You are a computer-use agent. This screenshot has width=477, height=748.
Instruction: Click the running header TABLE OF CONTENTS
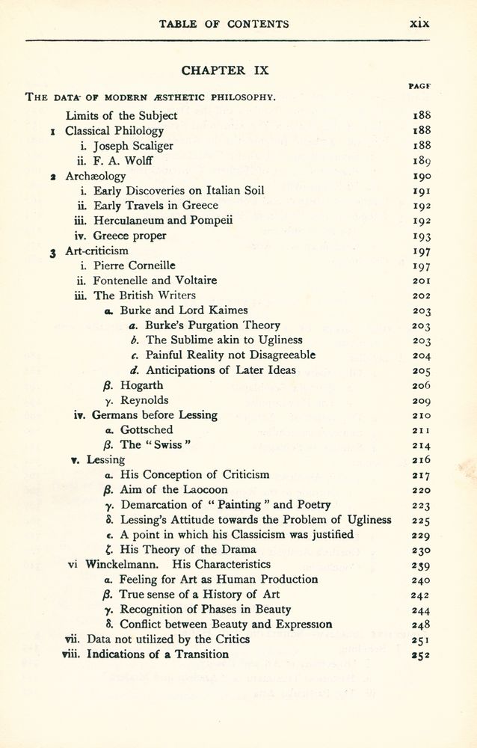[224, 24]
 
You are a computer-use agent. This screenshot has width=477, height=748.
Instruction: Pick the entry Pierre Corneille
[135, 265]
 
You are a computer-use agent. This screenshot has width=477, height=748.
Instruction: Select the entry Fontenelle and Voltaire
[155, 280]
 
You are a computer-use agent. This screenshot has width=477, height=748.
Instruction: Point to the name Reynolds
[144, 400]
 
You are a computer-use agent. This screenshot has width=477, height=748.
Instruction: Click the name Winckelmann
[124, 564]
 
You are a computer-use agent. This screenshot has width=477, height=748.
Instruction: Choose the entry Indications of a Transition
[158, 654]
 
